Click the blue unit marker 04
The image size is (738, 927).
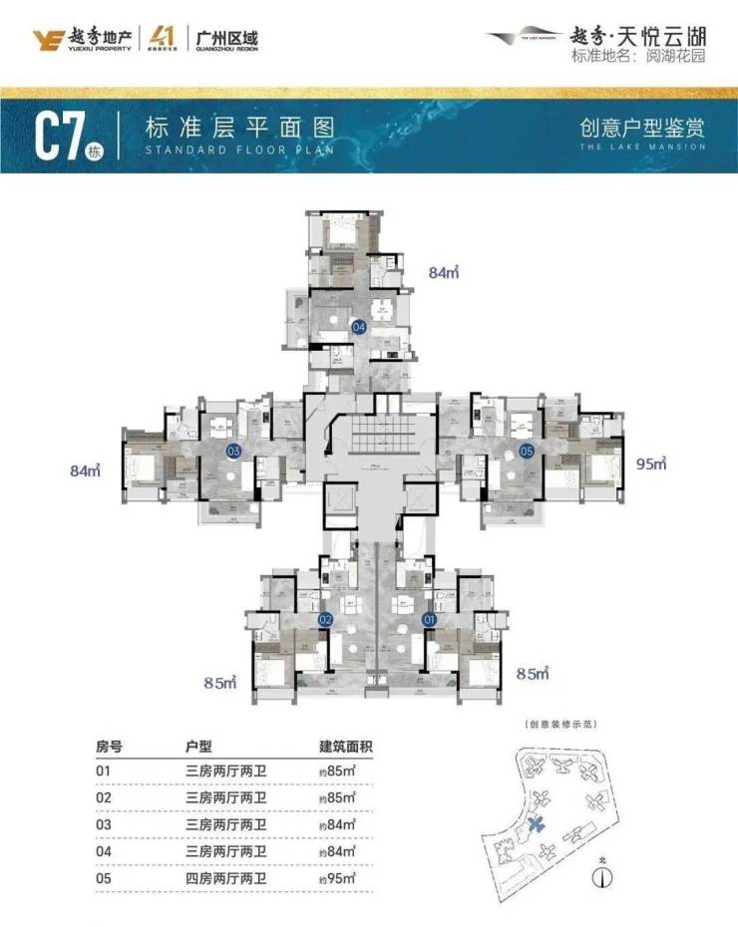[x=359, y=325]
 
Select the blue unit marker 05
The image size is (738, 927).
[x=528, y=451]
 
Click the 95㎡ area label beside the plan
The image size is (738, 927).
[x=649, y=463]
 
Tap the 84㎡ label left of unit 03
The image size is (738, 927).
[x=88, y=470]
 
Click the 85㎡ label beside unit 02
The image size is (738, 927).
[x=219, y=684]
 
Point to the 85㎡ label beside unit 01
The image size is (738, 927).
[x=534, y=675]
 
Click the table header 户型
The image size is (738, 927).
[x=199, y=746]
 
